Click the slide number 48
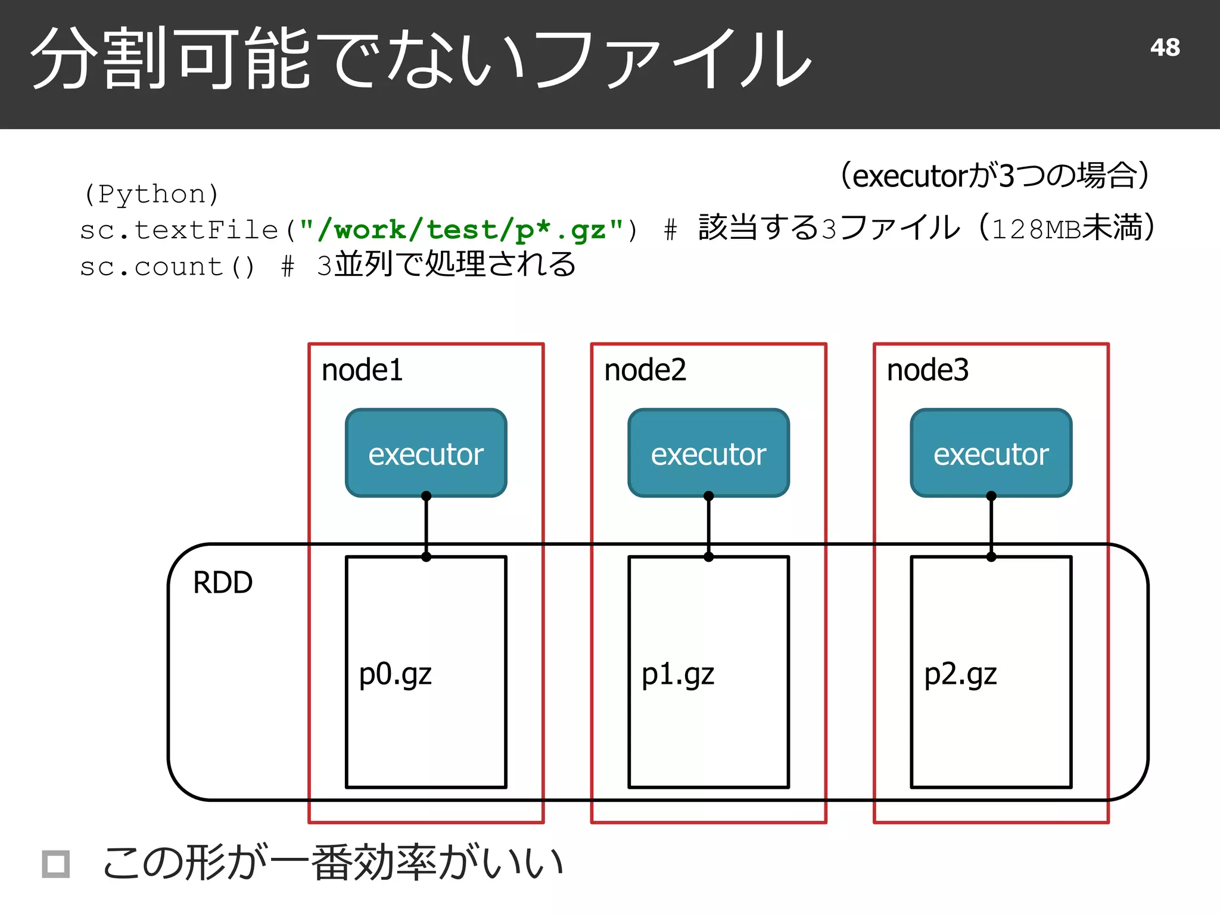pyautogui.click(x=1165, y=48)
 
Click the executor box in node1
pyautogui.click(x=426, y=453)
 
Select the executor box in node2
pyautogui.click(x=708, y=453)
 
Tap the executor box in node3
pyautogui.click(x=991, y=453)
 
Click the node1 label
pyautogui.click(x=362, y=370)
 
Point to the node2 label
pyautogui.click(x=645, y=370)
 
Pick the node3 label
pyautogui.click(x=928, y=370)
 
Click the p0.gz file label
pyautogui.click(x=395, y=675)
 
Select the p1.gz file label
pyautogui.click(x=677, y=675)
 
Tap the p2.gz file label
pyautogui.click(x=960, y=675)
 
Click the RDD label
pyautogui.click(x=223, y=583)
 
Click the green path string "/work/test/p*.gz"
pyautogui.click(x=461, y=230)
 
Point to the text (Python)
pyautogui.click(x=151, y=194)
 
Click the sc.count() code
pyautogui.click(x=167, y=267)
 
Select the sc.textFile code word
pyautogui.click(x=179, y=231)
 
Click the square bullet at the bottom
pyautogui.click(x=56, y=864)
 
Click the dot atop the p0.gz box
pyautogui.click(x=426, y=557)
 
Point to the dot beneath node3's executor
pyautogui.click(x=991, y=496)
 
